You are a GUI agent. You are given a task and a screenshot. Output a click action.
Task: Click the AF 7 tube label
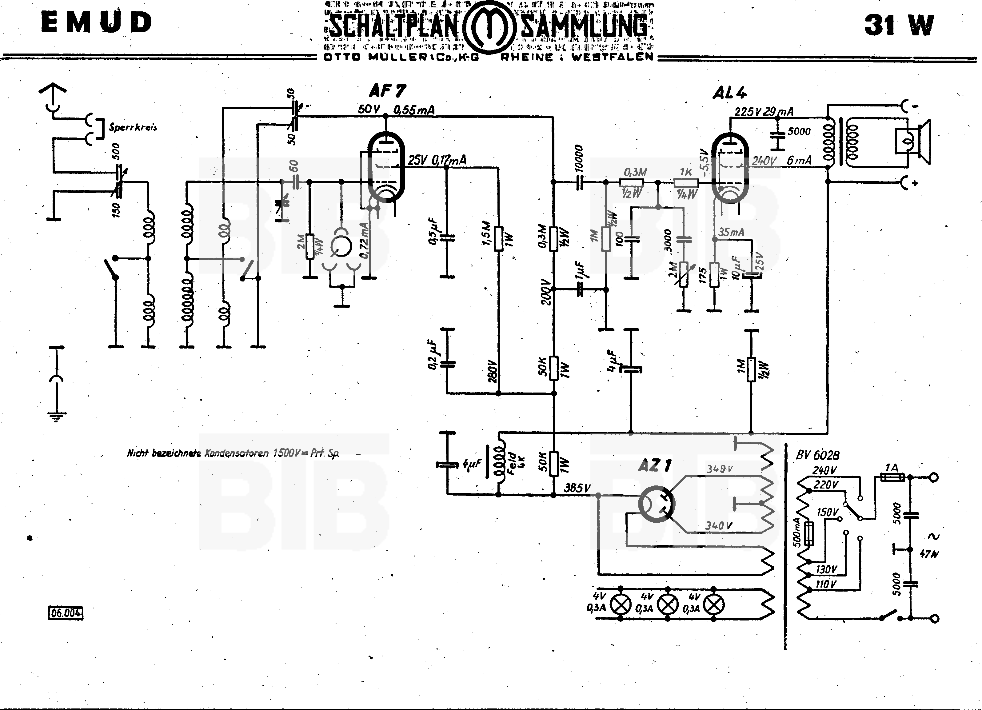[x=388, y=91]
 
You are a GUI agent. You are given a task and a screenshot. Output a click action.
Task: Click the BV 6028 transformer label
[x=817, y=455]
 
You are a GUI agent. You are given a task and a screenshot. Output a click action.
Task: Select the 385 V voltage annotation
[x=577, y=488]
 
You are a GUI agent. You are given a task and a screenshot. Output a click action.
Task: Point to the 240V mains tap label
[x=824, y=470]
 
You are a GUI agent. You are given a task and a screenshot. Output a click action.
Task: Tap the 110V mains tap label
[x=826, y=584]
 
